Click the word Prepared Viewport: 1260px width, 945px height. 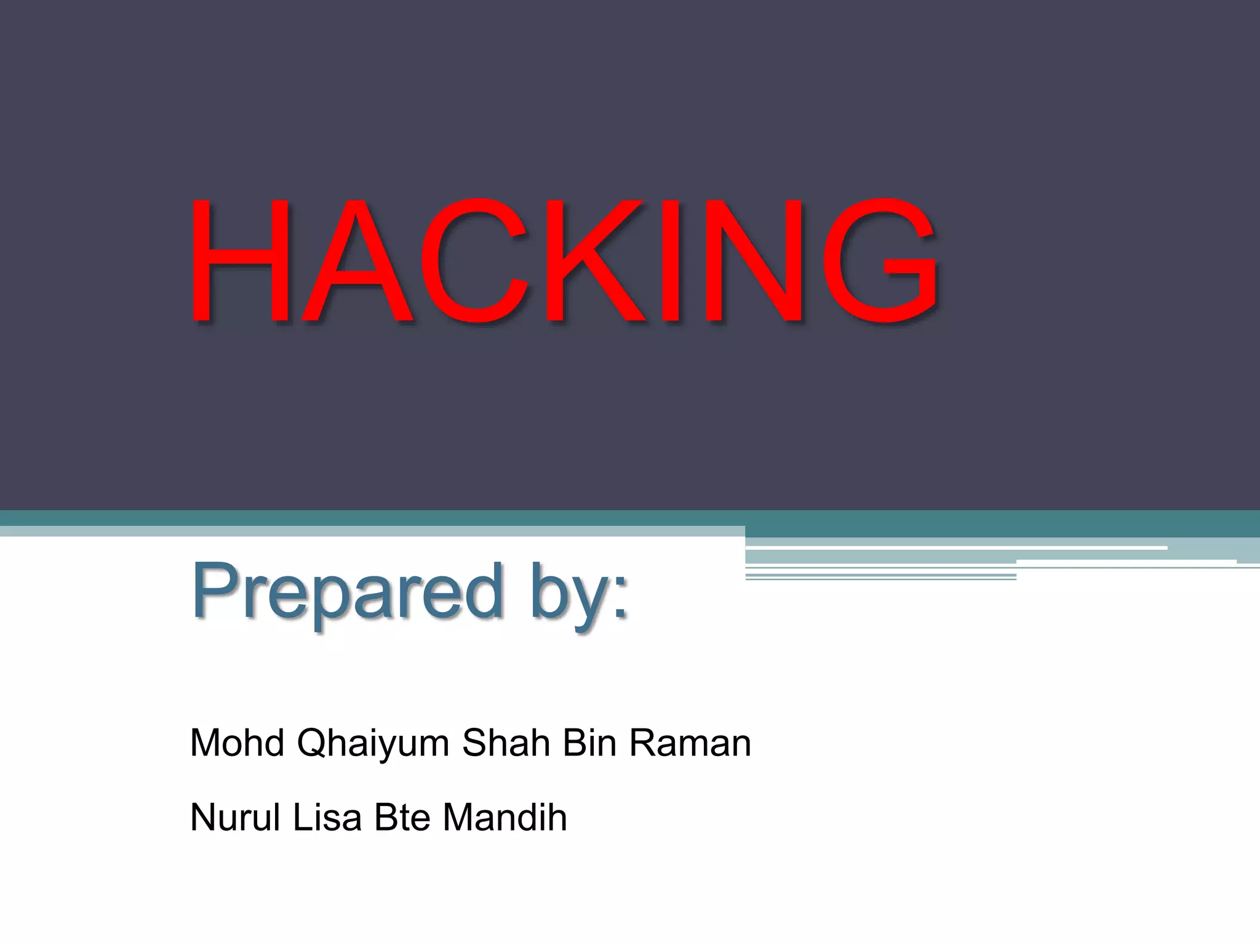point(348,592)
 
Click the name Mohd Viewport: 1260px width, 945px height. point(237,743)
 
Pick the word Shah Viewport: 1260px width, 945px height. point(506,743)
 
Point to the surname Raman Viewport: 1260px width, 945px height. point(690,743)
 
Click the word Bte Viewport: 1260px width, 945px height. point(402,818)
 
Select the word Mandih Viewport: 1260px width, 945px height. point(504,818)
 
